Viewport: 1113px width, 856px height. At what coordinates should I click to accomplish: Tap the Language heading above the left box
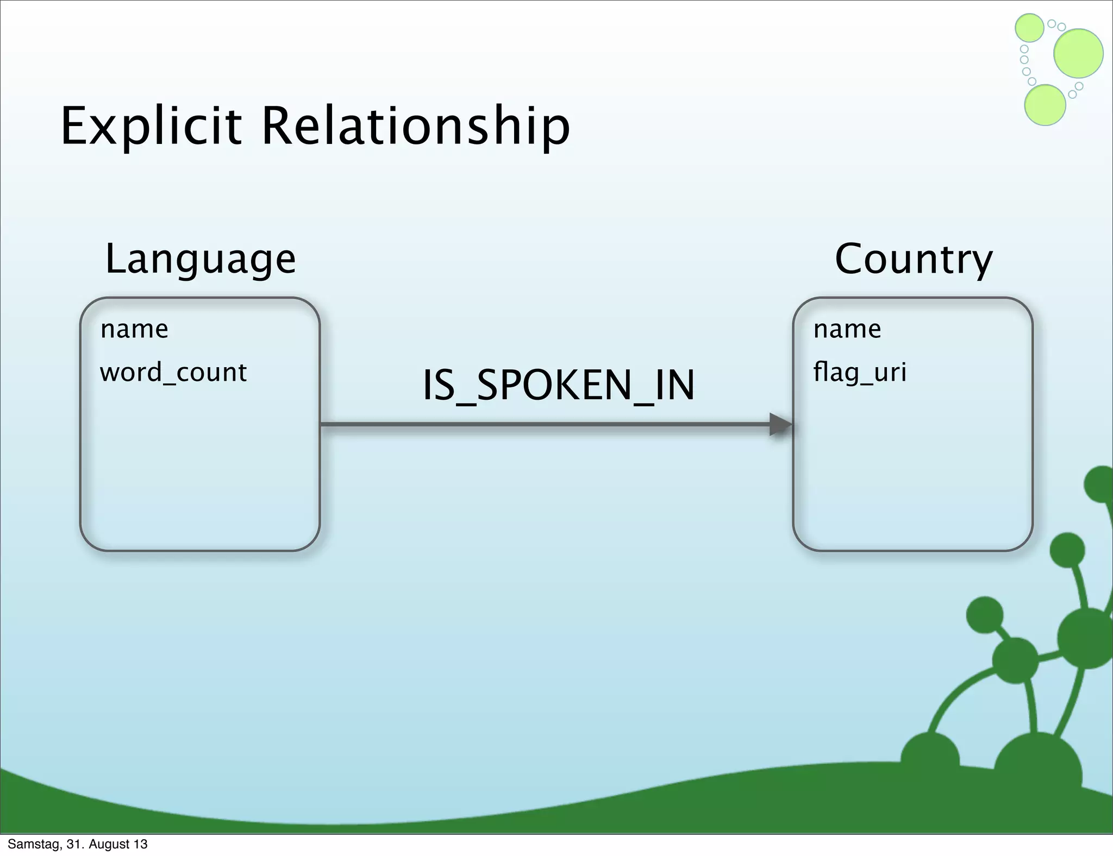200,259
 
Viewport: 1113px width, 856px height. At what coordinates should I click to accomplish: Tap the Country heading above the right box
914,259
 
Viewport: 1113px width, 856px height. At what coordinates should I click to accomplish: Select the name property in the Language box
134,329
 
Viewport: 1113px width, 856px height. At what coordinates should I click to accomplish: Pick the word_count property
173,373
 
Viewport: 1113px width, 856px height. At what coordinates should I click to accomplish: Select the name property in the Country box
847,329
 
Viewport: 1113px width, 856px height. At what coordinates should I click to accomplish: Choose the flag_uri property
860,373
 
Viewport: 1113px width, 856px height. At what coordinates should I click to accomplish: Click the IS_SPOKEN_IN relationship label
559,385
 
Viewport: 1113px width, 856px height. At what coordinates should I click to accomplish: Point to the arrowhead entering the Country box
781,424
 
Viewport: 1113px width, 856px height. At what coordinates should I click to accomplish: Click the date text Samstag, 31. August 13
78,844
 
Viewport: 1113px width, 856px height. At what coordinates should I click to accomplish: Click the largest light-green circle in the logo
1078,53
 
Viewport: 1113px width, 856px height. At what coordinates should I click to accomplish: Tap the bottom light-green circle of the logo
1045,105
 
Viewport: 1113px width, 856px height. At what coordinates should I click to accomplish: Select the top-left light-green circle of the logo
1029,28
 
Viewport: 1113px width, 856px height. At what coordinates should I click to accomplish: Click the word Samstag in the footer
34,844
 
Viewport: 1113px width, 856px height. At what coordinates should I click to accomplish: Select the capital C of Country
851,259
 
